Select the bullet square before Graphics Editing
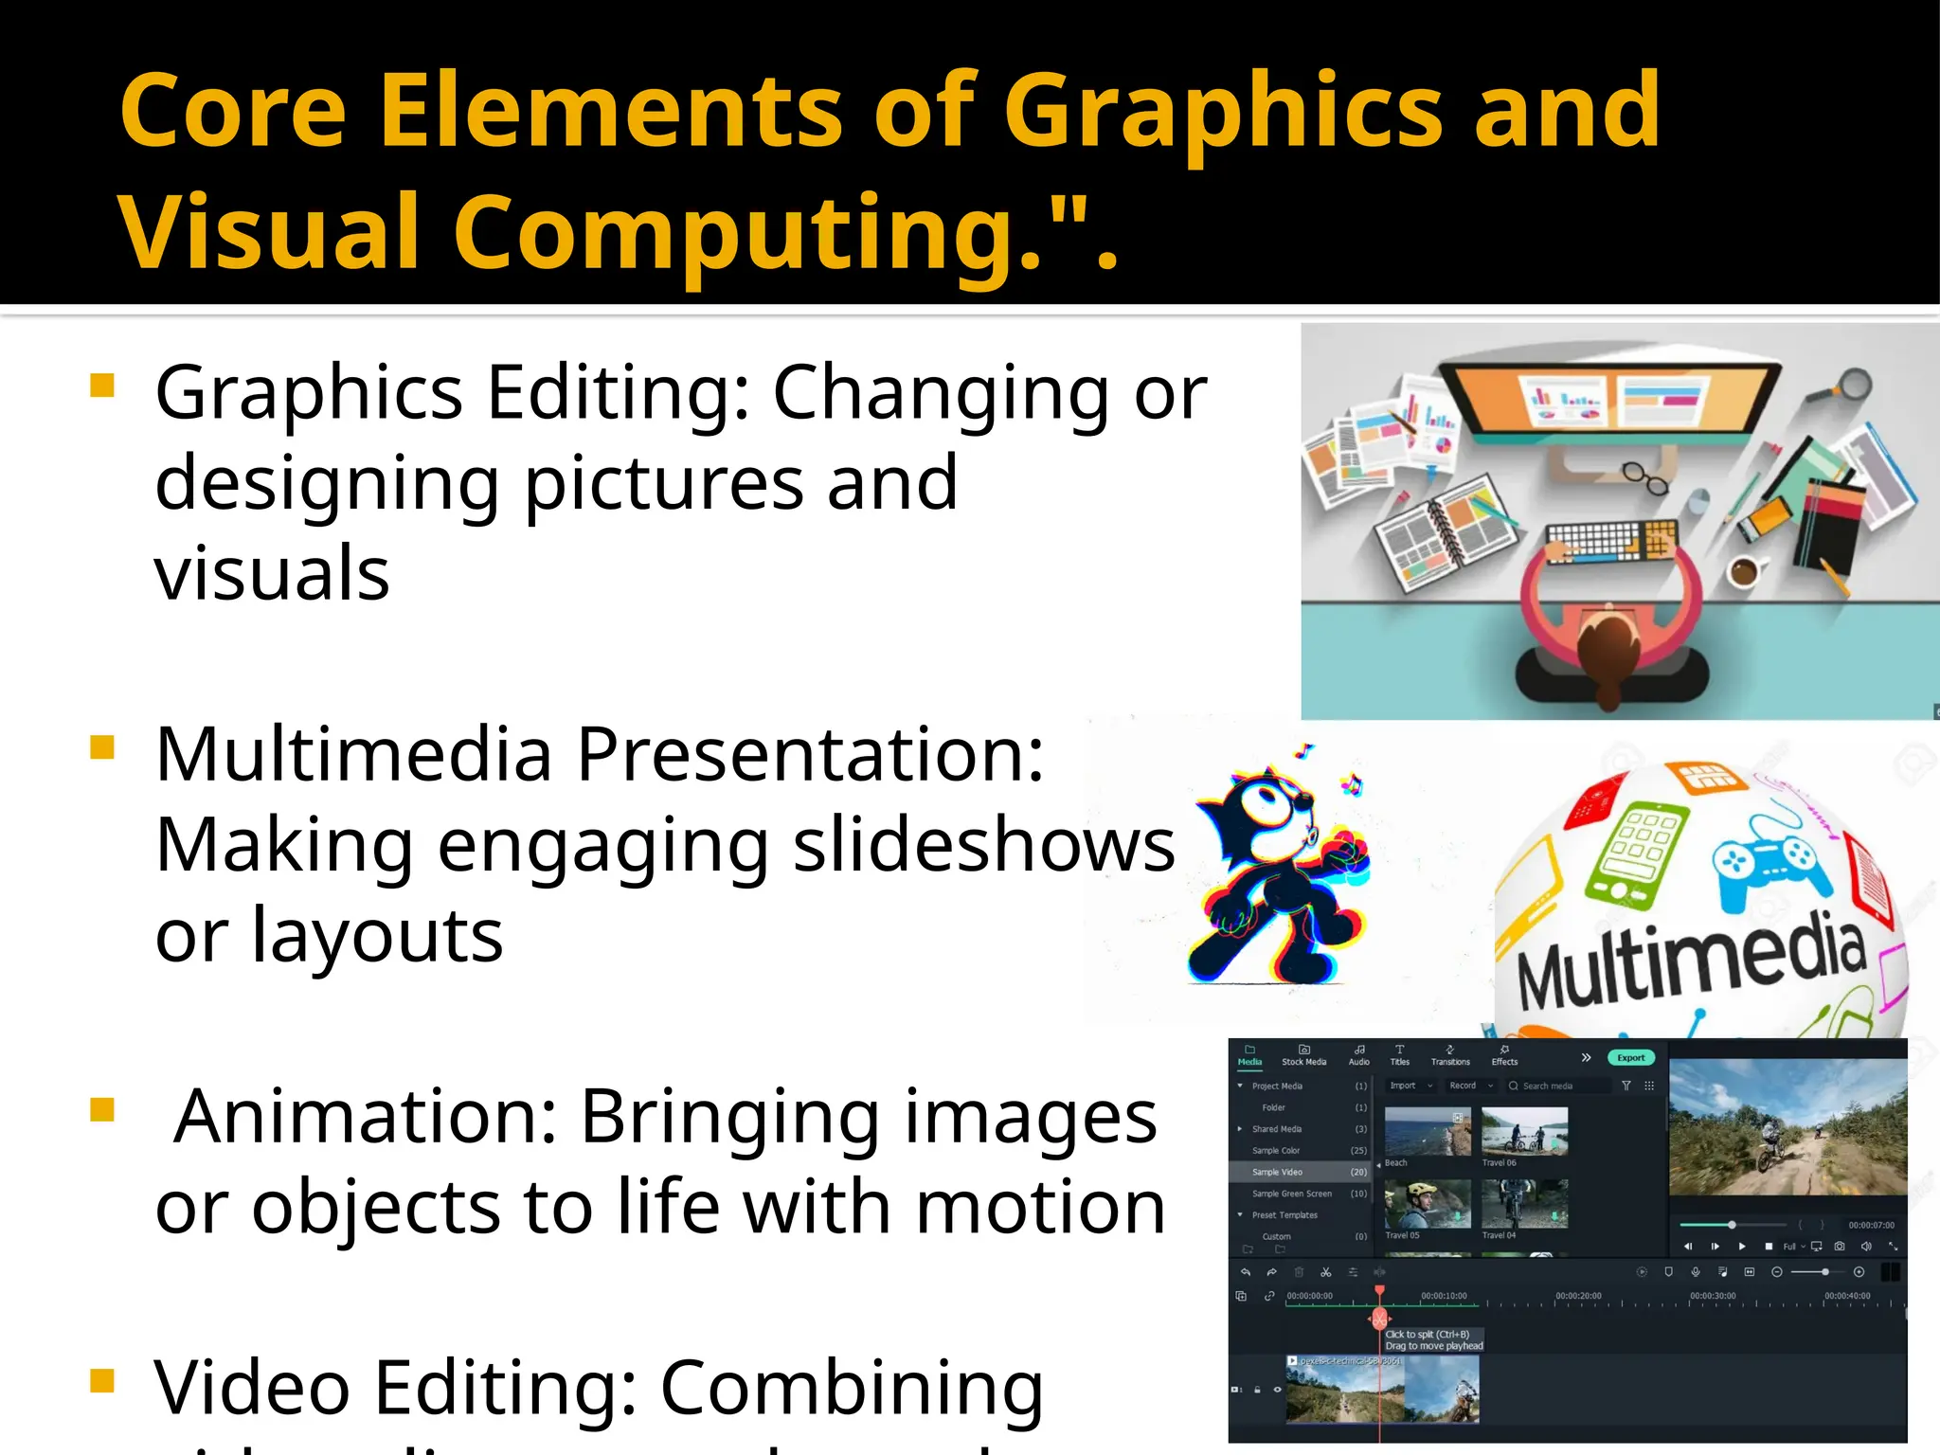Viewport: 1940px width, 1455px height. coord(102,386)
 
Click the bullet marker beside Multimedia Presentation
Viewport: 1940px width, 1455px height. coord(102,747)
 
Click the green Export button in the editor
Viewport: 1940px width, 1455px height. coord(1631,1058)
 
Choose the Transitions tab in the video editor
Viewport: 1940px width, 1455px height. coord(1450,1056)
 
